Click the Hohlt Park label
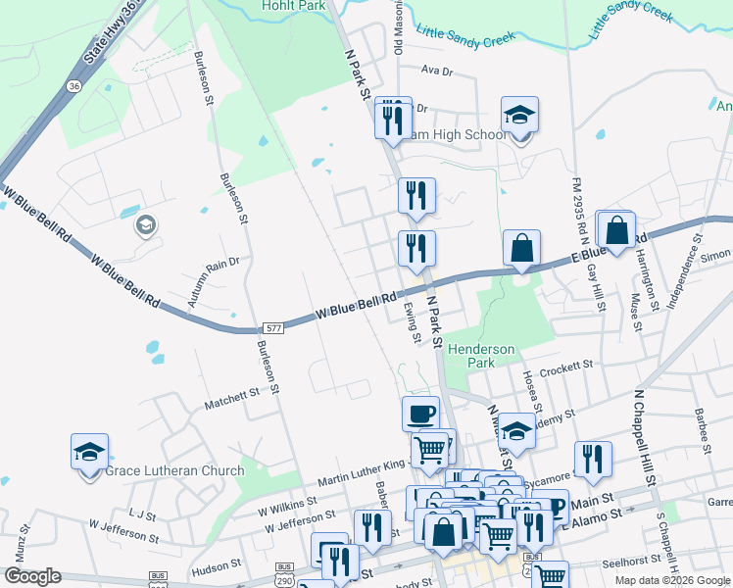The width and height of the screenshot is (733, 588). tap(292, 5)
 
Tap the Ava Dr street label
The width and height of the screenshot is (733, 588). tap(437, 72)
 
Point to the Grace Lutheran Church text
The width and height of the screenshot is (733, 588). tap(174, 470)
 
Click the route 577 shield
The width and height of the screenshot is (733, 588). tap(273, 328)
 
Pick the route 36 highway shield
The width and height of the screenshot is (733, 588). tap(74, 86)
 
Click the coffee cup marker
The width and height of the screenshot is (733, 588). tap(420, 412)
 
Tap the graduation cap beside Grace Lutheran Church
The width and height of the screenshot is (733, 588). tap(89, 453)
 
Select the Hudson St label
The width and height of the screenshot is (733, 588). tap(217, 566)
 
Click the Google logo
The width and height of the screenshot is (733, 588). tap(32, 576)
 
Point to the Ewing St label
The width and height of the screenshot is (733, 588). tap(413, 322)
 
